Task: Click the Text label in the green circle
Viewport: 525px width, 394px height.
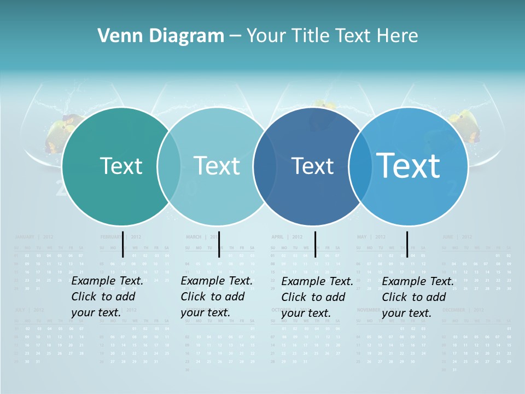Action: tap(121, 166)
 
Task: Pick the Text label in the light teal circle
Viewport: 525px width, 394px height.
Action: tap(217, 166)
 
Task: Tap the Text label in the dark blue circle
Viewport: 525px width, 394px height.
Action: tap(312, 166)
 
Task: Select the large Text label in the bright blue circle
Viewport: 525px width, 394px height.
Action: tap(409, 165)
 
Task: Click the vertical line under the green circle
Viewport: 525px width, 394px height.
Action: tap(123, 244)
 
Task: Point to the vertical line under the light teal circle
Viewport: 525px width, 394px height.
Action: tap(219, 244)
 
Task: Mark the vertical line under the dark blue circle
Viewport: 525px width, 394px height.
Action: tap(315, 244)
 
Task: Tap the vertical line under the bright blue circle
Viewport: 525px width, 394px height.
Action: tap(407, 244)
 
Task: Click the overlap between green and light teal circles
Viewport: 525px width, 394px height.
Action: tap(169, 166)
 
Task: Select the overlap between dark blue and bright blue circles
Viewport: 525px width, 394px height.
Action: tap(358, 166)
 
